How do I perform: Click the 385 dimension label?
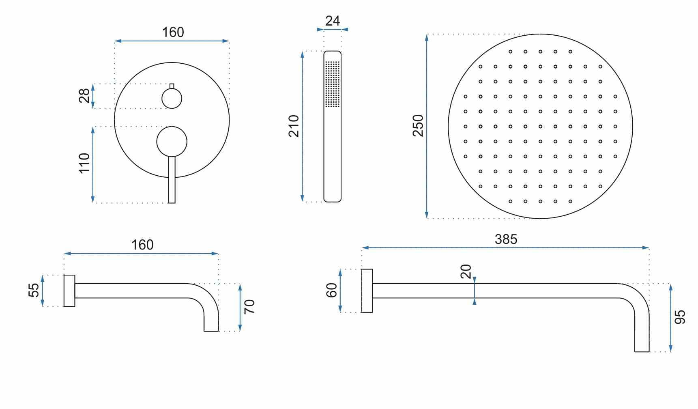(x=506, y=239)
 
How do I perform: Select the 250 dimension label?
(x=418, y=126)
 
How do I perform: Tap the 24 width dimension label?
(x=333, y=21)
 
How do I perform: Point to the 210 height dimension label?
(x=294, y=126)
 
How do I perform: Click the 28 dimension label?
(x=84, y=96)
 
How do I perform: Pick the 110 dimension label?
(x=84, y=163)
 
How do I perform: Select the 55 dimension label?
(x=34, y=290)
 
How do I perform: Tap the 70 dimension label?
(x=249, y=306)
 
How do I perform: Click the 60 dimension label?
(x=332, y=290)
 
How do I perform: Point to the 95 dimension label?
(x=680, y=317)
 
